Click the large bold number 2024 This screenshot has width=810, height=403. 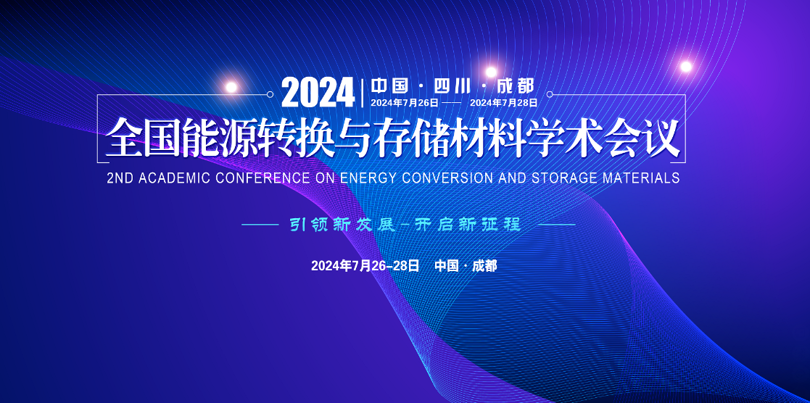[318, 93]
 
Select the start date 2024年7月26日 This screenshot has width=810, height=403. [405, 102]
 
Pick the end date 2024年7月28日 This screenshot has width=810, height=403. [504, 102]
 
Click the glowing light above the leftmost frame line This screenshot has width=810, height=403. [231, 87]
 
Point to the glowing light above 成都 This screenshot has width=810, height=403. [491, 72]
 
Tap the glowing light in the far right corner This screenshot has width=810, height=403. [686, 66]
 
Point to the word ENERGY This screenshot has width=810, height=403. [369, 178]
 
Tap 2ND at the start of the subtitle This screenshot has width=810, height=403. [120, 178]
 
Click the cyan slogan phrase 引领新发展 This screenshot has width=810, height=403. [342, 225]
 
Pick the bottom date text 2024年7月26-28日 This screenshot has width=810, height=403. [365, 266]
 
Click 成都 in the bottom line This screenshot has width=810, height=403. [484, 266]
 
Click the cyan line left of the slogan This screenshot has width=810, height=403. [261, 225]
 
